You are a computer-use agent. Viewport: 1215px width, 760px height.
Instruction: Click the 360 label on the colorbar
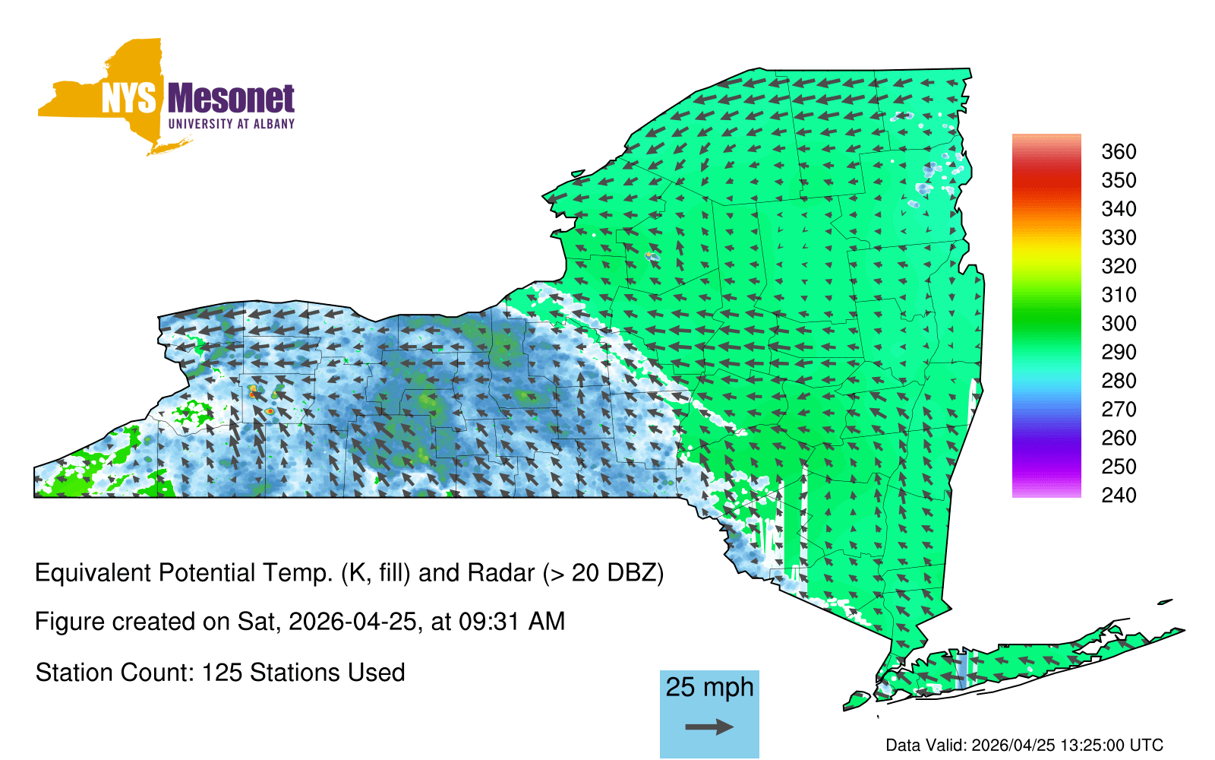[x=1119, y=151]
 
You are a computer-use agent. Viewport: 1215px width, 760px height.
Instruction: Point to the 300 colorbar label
[x=1119, y=324]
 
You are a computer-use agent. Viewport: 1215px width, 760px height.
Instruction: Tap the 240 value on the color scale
[x=1119, y=495]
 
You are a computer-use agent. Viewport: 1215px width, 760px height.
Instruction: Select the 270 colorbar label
[x=1119, y=410]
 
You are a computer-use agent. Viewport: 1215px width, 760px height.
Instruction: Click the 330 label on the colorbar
[x=1119, y=238]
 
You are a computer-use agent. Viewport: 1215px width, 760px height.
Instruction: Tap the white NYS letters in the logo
[x=129, y=99]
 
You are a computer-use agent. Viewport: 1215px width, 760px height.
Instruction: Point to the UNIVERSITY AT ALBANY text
[x=232, y=124]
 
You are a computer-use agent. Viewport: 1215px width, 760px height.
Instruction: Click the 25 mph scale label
[x=709, y=687]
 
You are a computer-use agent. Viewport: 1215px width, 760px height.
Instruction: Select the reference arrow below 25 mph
[x=709, y=727]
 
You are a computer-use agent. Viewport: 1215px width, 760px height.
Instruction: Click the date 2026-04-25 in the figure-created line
[x=352, y=622]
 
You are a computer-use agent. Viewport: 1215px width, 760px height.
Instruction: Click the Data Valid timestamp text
[x=1024, y=745]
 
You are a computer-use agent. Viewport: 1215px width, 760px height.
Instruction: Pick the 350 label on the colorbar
[x=1119, y=180]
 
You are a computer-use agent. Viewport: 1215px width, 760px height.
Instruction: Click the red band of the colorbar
[x=1046, y=179]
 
